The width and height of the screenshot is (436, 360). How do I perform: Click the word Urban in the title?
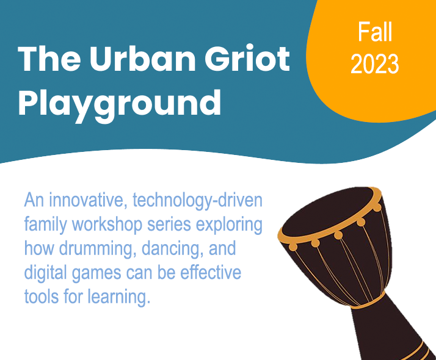(143, 59)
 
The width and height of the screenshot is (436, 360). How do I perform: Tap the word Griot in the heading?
(247, 59)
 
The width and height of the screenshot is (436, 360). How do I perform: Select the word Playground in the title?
(120, 104)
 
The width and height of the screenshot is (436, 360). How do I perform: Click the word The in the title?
(49, 59)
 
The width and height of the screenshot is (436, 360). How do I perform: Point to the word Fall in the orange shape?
(375, 32)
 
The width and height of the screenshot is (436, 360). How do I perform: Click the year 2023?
(374, 63)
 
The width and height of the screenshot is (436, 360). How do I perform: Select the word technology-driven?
(197, 201)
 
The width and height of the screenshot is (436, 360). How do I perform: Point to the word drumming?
(97, 249)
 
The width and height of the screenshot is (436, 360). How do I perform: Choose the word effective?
(211, 273)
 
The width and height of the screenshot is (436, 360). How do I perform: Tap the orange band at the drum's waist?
(369, 303)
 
